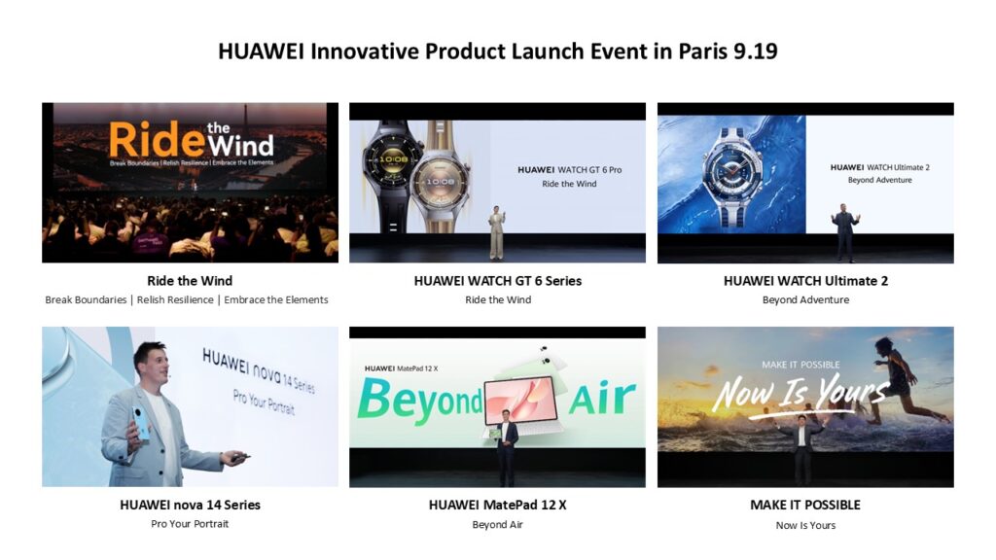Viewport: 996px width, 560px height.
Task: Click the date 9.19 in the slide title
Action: pyautogui.click(x=755, y=51)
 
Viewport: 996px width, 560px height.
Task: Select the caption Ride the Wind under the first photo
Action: pyautogui.click(x=190, y=281)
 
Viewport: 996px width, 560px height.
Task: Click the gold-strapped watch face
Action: pyautogui.click(x=440, y=182)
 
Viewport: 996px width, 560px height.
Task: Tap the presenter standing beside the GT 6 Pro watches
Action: pyautogui.click(x=497, y=232)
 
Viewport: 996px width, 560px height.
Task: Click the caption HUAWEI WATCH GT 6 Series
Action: pyautogui.click(x=497, y=281)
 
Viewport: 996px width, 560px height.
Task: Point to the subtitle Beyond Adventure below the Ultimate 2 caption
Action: pyautogui.click(x=805, y=299)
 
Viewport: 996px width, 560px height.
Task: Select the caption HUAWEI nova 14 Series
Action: pyautogui.click(x=190, y=505)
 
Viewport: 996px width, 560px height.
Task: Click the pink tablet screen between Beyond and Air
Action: pyautogui.click(x=521, y=401)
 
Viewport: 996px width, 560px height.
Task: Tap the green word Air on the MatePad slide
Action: pyautogui.click(x=602, y=397)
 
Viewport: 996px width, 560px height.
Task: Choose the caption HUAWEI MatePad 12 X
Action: pyautogui.click(x=497, y=505)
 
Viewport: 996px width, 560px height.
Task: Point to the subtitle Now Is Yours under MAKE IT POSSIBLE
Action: pyautogui.click(x=805, y=525)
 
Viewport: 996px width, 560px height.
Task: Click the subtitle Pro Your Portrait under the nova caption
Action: pyautogui.click(x=190, y=524)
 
